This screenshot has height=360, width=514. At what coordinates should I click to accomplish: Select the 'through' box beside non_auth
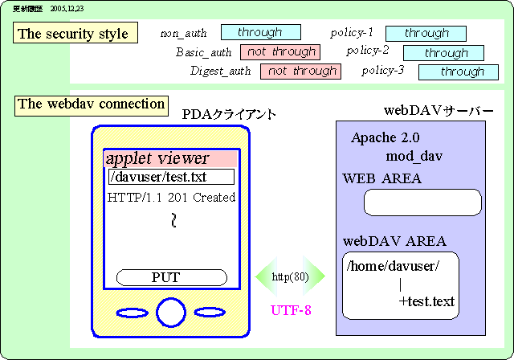pyautogui.click(x=260, y=32)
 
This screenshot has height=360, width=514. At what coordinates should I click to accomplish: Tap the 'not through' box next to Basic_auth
pyautogui.click(x=279, y=52)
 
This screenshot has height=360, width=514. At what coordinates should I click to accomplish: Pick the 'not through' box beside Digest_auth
pyautogui.click(x=300, y=72)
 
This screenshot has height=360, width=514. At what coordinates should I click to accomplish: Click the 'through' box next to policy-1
pyautogui.click(x=426, y=33)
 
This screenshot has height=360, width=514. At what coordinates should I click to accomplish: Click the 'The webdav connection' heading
pyautogui.click(x=92, y=104)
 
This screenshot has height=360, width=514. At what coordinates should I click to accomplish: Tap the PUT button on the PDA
pyautogui.click(x=166, y=277)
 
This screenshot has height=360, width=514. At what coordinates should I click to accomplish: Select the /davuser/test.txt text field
pyautogui.click(x=171, y=177)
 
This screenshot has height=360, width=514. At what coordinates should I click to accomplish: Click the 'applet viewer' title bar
pyautogui.click(x=172, y=158)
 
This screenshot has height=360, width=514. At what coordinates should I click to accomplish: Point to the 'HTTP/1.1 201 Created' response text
pyautogui.click(x=171, y=197)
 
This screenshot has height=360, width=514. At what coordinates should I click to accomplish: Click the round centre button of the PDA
pyautogui.click(x=171, y=312)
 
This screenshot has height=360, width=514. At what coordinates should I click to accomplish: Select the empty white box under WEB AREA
pyautogui.click(x=422, y=203)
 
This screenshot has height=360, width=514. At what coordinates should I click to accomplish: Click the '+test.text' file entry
pyautogui.click(x=426, y=302)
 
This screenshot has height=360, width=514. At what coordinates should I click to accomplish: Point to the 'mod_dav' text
pyautogui.click(x=414, y=154)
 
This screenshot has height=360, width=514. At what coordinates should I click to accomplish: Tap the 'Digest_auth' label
pyautogui.click(x=220, y=72)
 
